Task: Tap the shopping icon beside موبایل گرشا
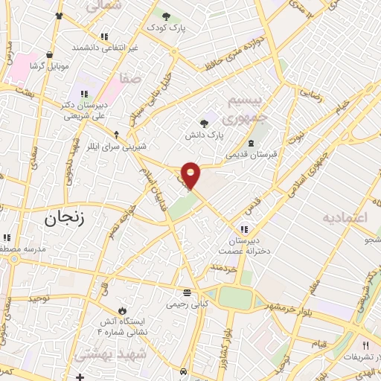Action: pyautogui.click(x=49, y=54)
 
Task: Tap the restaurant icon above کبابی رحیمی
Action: pyautogui.click(x=188, y=292)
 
